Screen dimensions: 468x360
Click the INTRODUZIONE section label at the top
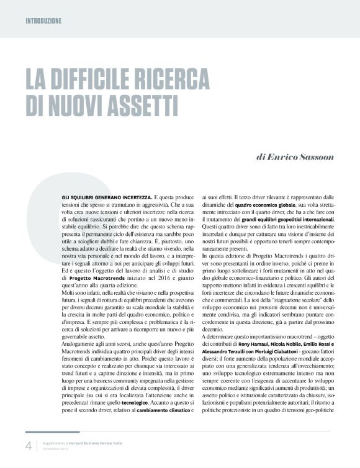click(x=43, y=20)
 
